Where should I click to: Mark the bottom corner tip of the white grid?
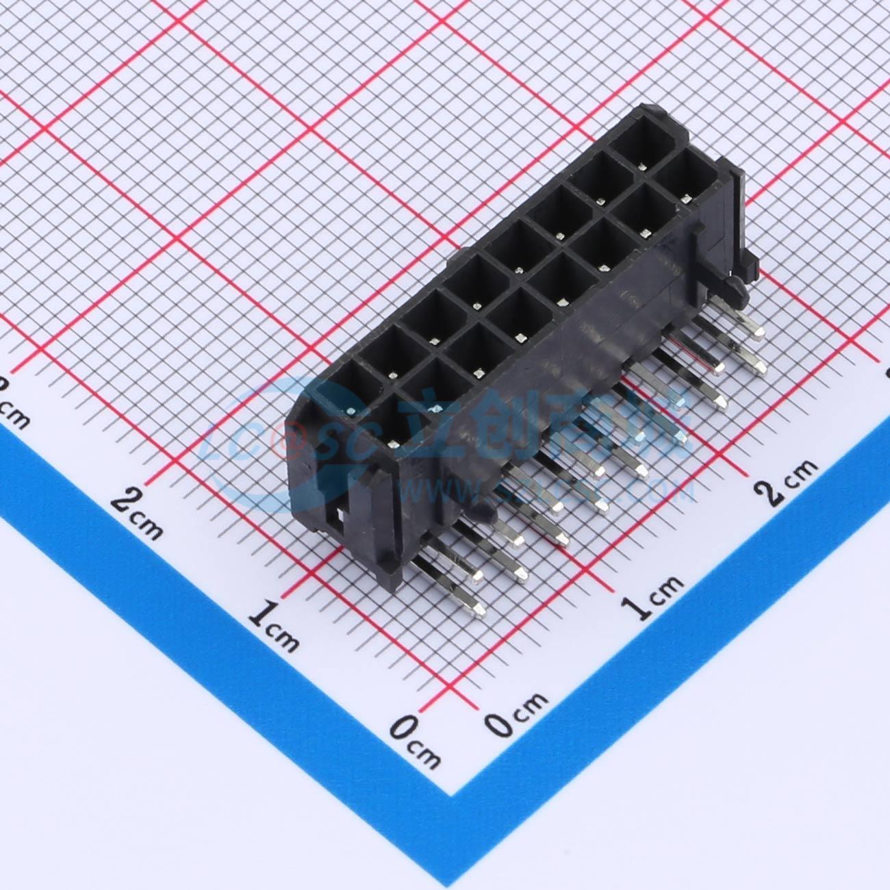coord(452,794)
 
